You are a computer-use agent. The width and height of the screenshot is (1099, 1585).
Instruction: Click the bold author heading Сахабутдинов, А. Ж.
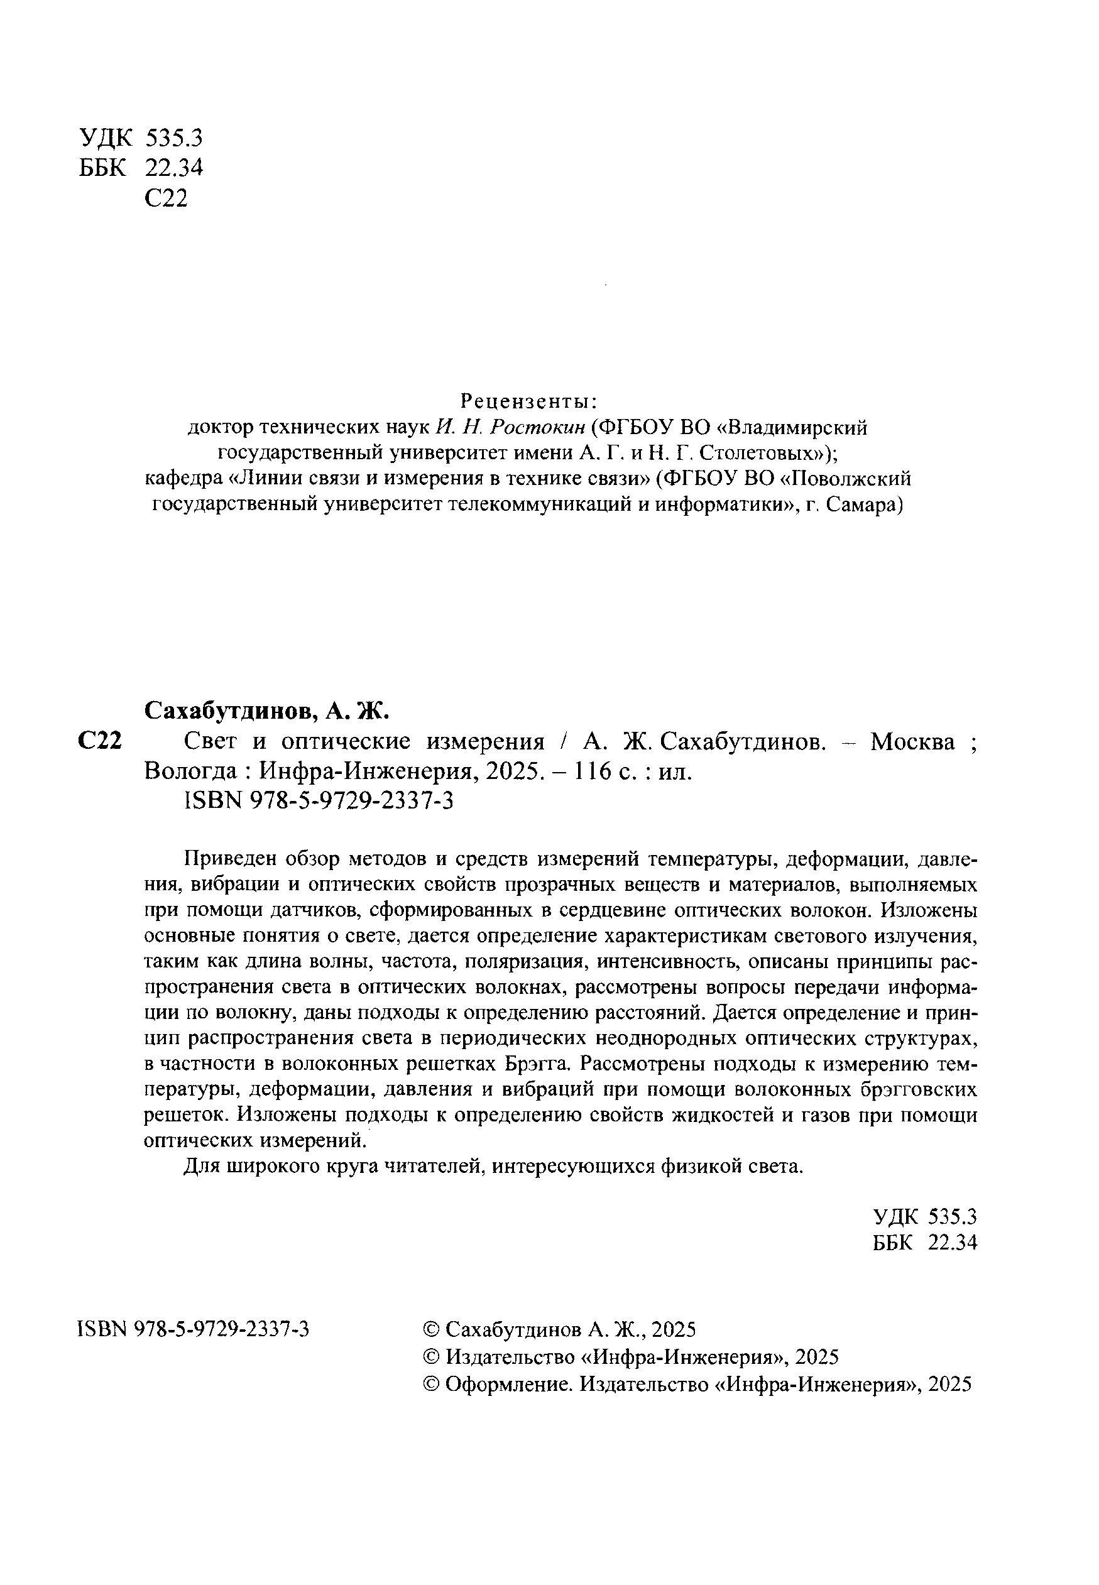tap(267, 711)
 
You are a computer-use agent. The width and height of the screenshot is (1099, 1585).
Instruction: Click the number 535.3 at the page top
tap(175, 138)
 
